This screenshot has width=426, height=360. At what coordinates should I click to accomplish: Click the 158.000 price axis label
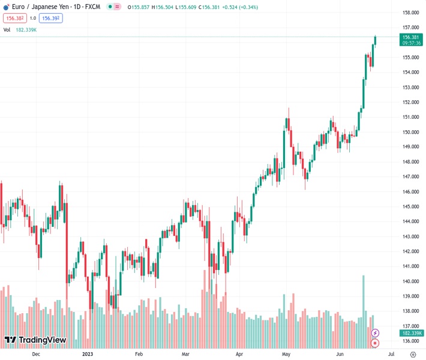(x=410, y=13)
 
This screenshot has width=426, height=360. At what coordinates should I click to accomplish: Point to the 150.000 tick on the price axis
(x=410, y=132)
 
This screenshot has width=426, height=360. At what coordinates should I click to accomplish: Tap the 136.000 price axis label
(x=410, y=341)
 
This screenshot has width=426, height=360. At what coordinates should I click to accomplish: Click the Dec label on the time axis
(x=35, y=354)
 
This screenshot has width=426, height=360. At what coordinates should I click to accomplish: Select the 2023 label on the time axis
(x=87, y=354)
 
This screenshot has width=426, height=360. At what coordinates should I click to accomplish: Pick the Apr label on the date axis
(x=239, y=354)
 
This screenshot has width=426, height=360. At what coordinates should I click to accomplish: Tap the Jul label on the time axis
(x=391, y=354)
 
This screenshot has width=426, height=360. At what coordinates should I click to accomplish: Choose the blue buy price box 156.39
(x=50, y=18)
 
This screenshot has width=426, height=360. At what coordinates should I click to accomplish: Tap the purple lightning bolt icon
(x=376, y=333)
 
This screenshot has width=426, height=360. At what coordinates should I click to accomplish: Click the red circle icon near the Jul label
(x=376, y=343)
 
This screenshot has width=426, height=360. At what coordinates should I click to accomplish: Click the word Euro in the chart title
(x=19, y=6)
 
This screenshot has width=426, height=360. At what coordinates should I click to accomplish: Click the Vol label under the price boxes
(x=7, y=29)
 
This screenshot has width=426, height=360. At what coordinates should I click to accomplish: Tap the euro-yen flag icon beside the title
(x=5, y=6)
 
